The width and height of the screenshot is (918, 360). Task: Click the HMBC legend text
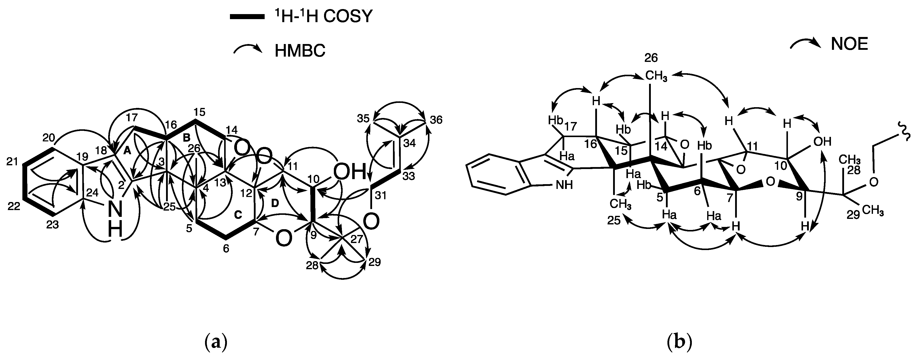click(300, 51)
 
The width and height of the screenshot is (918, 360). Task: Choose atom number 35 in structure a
click(363, 119)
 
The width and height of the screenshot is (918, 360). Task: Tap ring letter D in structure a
click(275, 203)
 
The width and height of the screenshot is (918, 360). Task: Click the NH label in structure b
click(565, 185)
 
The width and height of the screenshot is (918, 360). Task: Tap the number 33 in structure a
click(409, 176)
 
